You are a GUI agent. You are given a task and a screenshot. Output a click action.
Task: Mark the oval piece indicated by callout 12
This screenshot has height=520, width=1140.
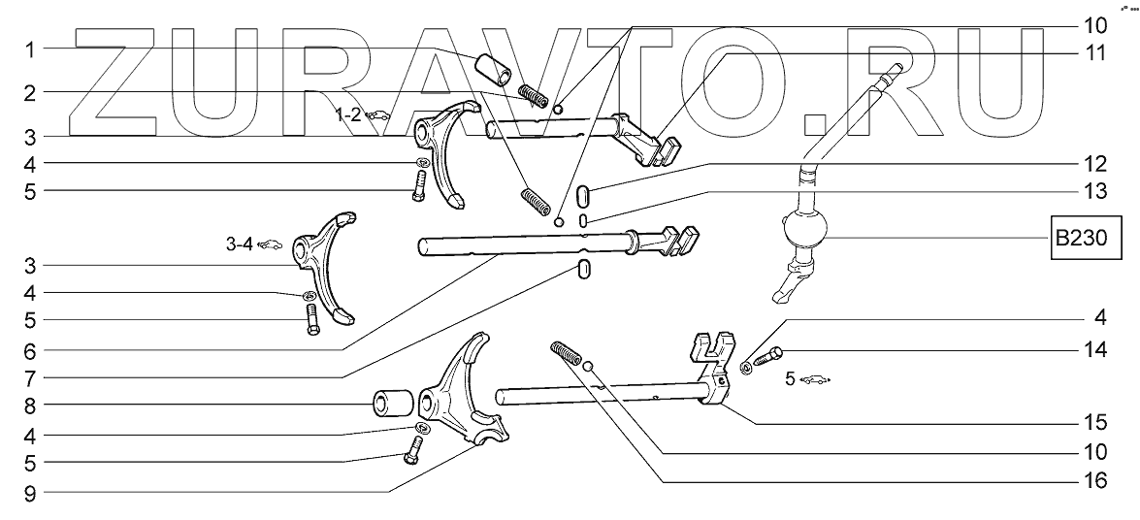(x=581, y=192)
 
